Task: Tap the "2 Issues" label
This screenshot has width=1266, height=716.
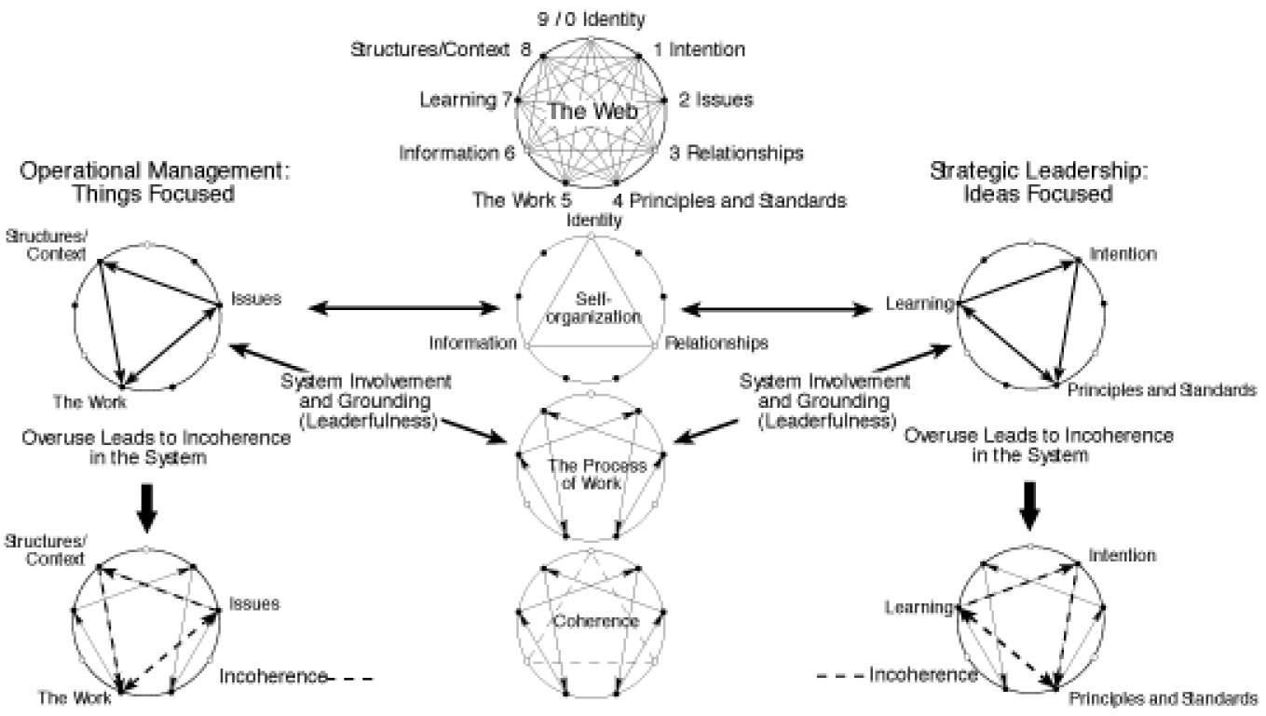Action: tap(715, 99)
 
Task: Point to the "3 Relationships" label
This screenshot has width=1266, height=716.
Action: tap(736, 152)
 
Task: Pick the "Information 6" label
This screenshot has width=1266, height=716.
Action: tap(457, 153)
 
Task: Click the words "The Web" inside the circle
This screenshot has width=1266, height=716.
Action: tap(591, 112)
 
